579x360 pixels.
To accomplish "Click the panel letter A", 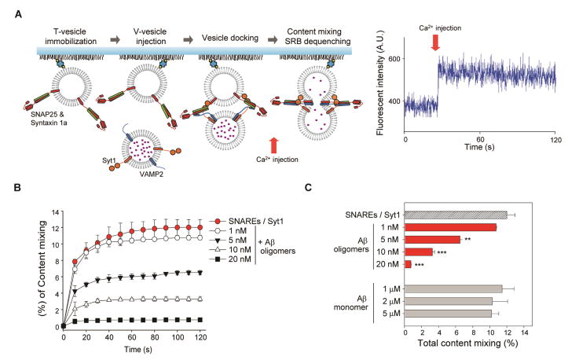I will (x=7, y=9).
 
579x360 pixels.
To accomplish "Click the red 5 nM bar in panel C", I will (x=431, y=239).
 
